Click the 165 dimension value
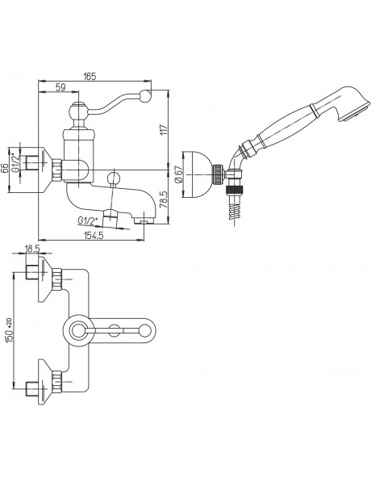coord(90,76)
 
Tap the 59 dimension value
coord(60,87)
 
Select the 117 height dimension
coord(164,130)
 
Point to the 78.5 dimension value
coord(164,199)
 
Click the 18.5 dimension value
coord(32,249)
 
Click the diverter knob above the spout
coord(113,177)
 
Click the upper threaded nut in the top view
coord(56,279)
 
